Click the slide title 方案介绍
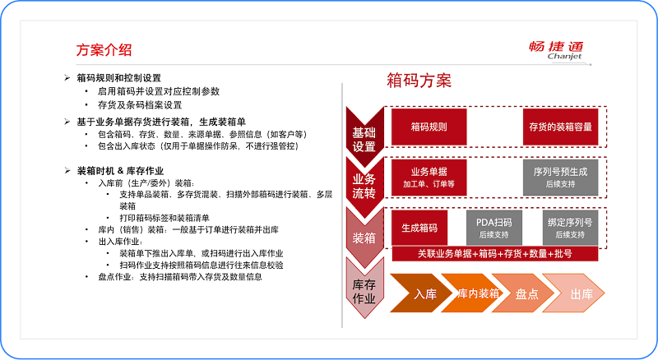point(104,50)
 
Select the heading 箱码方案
point(419,81)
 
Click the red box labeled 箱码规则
point(429,127)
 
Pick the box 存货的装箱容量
point(560,127)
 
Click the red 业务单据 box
point(429,178)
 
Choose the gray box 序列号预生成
point(560,178)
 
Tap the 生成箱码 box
point(419,228)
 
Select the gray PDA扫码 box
point(494,228)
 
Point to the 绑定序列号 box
point(570,228)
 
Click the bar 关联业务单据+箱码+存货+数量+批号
point(495,254)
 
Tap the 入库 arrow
point(421,293)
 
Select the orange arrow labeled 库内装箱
point(472,293)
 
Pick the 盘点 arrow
point(523,293)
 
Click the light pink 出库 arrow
point(573,293)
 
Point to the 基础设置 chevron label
point(364,140)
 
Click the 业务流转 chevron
point(364,187)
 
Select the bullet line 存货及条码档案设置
point(140,105)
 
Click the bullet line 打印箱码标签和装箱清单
point(164,218)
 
